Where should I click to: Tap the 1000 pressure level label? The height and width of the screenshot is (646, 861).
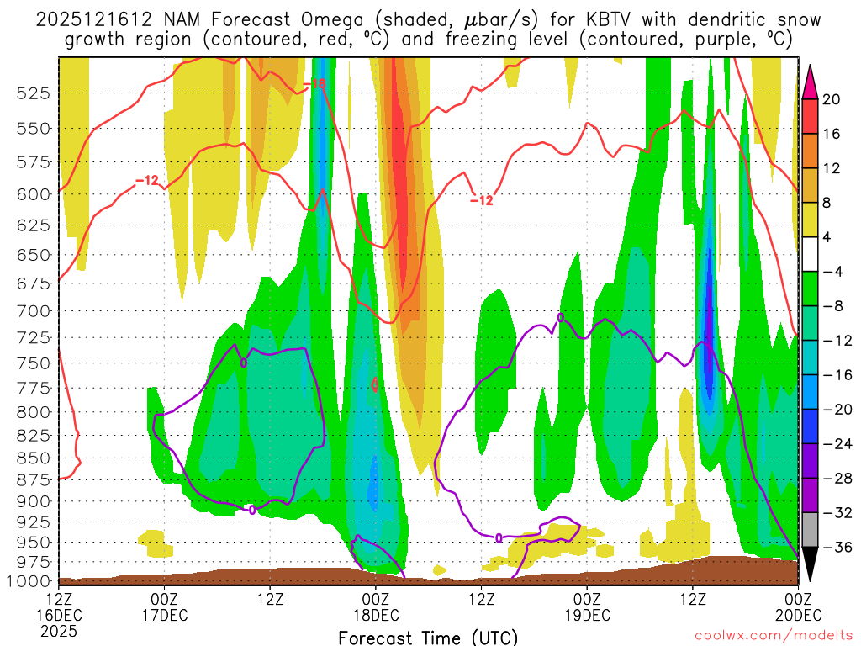click(29, 581)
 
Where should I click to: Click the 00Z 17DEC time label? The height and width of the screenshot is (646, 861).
click(164, 606)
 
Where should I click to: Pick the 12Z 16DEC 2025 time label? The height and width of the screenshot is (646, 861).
click(59, 615)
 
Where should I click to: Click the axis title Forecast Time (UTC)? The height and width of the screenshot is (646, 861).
click(428, 637)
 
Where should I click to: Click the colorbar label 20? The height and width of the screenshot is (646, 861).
click(832, 99)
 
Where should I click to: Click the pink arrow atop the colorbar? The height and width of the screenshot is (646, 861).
click(810, 81)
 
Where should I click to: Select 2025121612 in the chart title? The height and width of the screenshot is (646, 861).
click(92, 19)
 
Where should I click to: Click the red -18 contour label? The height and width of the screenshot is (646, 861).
click(317, 84)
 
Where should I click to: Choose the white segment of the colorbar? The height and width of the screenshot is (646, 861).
click(810, 254)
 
